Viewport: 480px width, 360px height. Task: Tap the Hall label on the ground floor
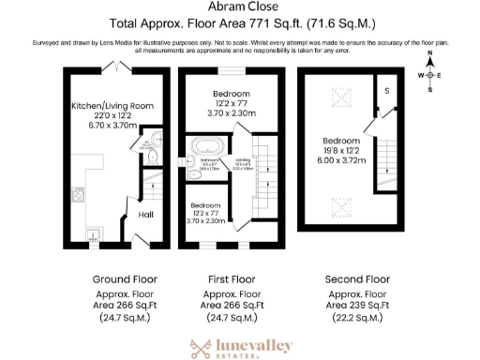pos(146,214)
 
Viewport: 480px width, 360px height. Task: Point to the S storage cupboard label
pos(386,91)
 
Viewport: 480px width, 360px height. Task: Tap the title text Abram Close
pos(239,7)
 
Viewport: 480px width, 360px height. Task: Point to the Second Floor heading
pos(356,279)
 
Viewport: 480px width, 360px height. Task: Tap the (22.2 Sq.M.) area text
pos(356,319)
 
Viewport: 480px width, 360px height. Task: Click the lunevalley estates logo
pos(240,348)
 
